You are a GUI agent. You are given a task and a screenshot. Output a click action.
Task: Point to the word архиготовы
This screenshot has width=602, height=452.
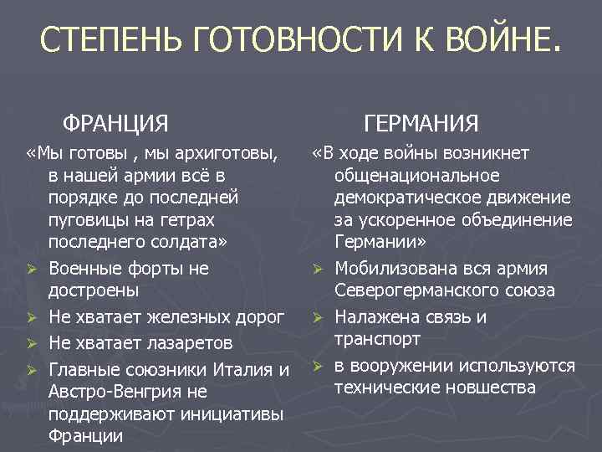[x=225, y=154]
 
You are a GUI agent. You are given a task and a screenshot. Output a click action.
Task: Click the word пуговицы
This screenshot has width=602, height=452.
[x=88, y=220]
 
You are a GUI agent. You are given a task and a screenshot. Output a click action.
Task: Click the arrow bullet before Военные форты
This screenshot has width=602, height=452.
[x=32, y=270]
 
